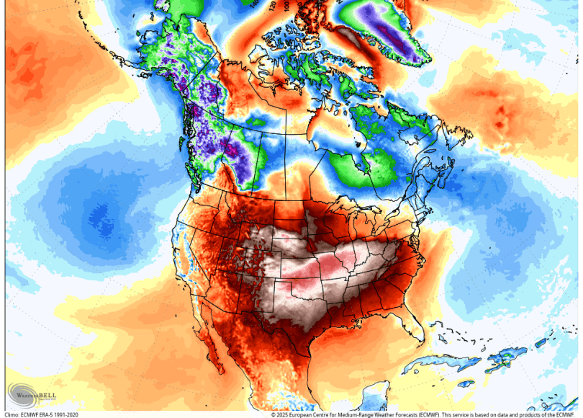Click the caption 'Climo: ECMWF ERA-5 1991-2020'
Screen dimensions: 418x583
[42, 414]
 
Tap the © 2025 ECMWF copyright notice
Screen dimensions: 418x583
[425, 414]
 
